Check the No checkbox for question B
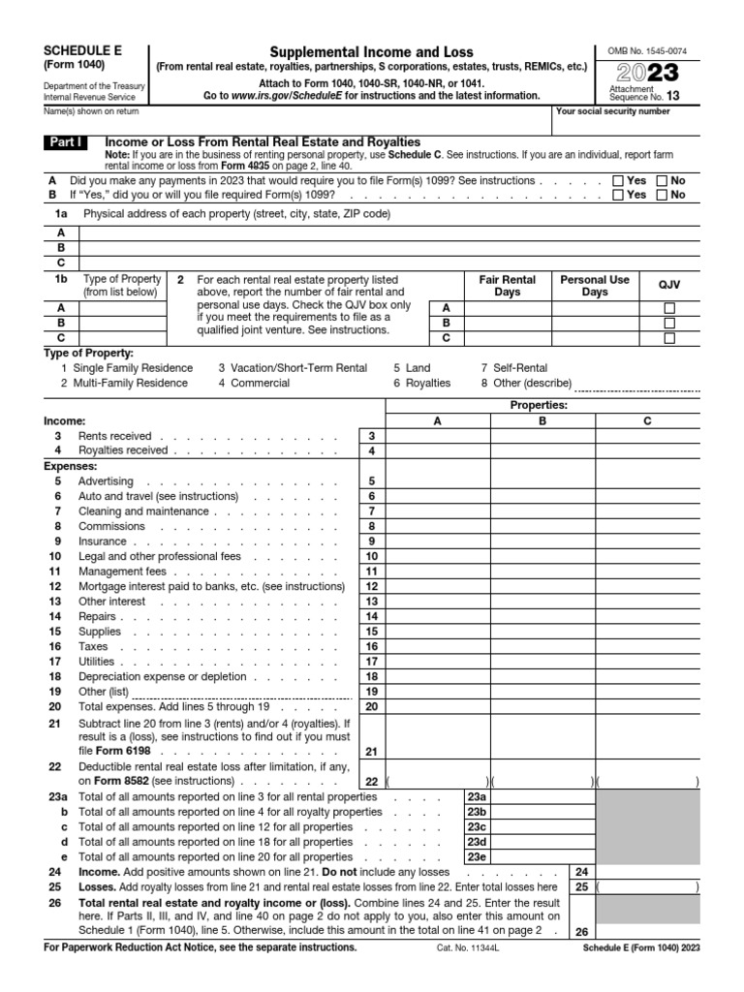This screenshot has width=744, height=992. pyautogui.click(x=663, y=195)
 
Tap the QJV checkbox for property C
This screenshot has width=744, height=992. pyautogui.click(x=669, y=338)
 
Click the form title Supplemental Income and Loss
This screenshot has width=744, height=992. pyautogui.click(x=371, y=51)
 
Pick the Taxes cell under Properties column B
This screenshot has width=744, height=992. pyautogui.click(x=542, y=646)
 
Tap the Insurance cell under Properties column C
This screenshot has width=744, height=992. pyautogui.click(x=648, y=542)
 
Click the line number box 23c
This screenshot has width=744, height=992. pyautogui.click(x=477, y=827)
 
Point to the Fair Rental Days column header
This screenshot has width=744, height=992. pyautogui.click(x=507, y=286)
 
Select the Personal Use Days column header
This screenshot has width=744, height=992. pyautogui.click(x=595, y=286)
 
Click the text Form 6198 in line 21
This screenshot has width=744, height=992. pyautogui.click(x=108, y=751)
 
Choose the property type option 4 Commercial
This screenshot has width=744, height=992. pyautogui.click(x=254, y=383)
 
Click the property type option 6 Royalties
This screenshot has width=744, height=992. pyautogui.click(x=421, y=383)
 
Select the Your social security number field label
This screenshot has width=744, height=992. pyautogui.click(x=612, y=111)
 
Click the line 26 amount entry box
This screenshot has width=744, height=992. pyautogui.click(x=648, y=932)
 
